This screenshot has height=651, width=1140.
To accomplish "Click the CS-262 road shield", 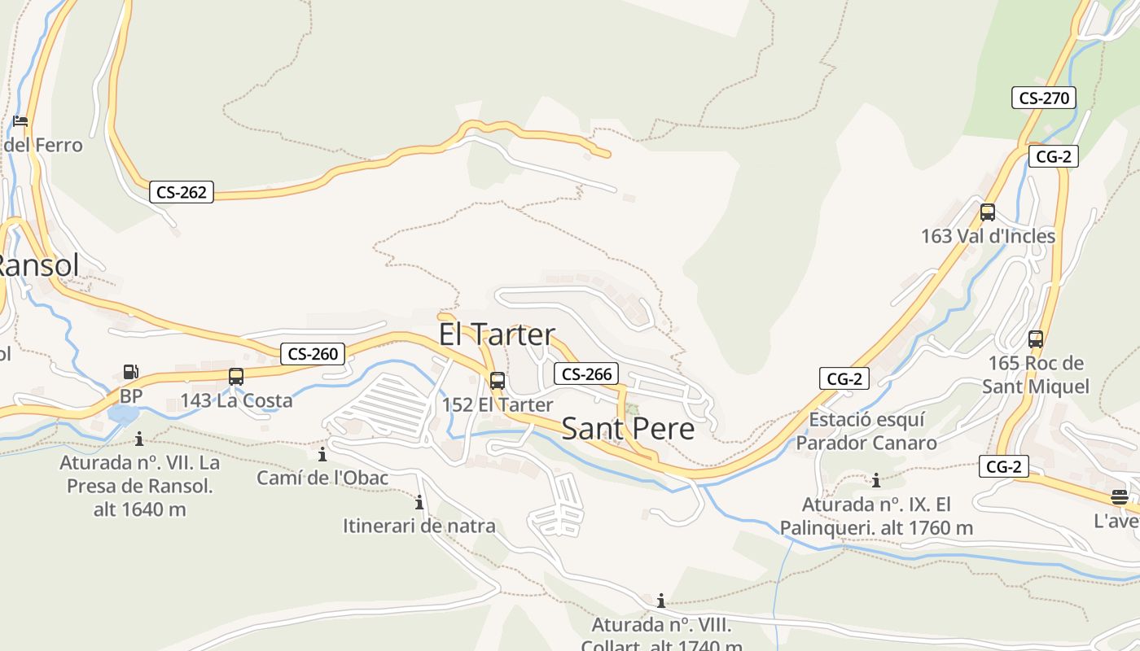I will tap(182, 193).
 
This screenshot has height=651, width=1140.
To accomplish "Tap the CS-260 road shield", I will tap(313, 354).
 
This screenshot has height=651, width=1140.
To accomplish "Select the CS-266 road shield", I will tap(586, 374).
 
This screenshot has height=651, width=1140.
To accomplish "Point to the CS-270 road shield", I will tap(1044, 98).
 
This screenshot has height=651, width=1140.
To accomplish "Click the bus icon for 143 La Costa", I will tap(236, 377).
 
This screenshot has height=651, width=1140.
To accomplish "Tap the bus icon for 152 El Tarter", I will tap(497, 380).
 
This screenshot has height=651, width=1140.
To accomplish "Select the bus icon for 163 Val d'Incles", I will tap(988, 212).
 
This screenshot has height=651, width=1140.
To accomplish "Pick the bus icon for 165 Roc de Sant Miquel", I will tap(1036, 339).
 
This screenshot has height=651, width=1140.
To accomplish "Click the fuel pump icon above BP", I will tap(130, 372).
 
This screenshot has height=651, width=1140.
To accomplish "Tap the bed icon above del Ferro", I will tap(20, 121).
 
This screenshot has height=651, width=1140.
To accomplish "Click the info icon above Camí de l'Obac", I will tap(322, 453).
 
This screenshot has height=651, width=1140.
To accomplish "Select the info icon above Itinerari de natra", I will tap(419, 502).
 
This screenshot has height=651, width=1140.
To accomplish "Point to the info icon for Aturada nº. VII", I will tap(139, 439).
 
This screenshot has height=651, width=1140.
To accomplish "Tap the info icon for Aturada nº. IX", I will tap(876, 480).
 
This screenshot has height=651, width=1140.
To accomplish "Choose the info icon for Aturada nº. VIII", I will tap(661, 601).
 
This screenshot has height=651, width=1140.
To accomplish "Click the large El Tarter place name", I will tap(497, 334).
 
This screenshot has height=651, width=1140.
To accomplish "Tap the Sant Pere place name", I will tap(629, 429).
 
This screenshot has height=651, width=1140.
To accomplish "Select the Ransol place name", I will tap(39, 265).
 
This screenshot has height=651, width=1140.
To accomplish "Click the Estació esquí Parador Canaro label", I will tap(866, 431).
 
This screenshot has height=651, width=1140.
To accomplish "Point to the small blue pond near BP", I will tap(122, 415).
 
